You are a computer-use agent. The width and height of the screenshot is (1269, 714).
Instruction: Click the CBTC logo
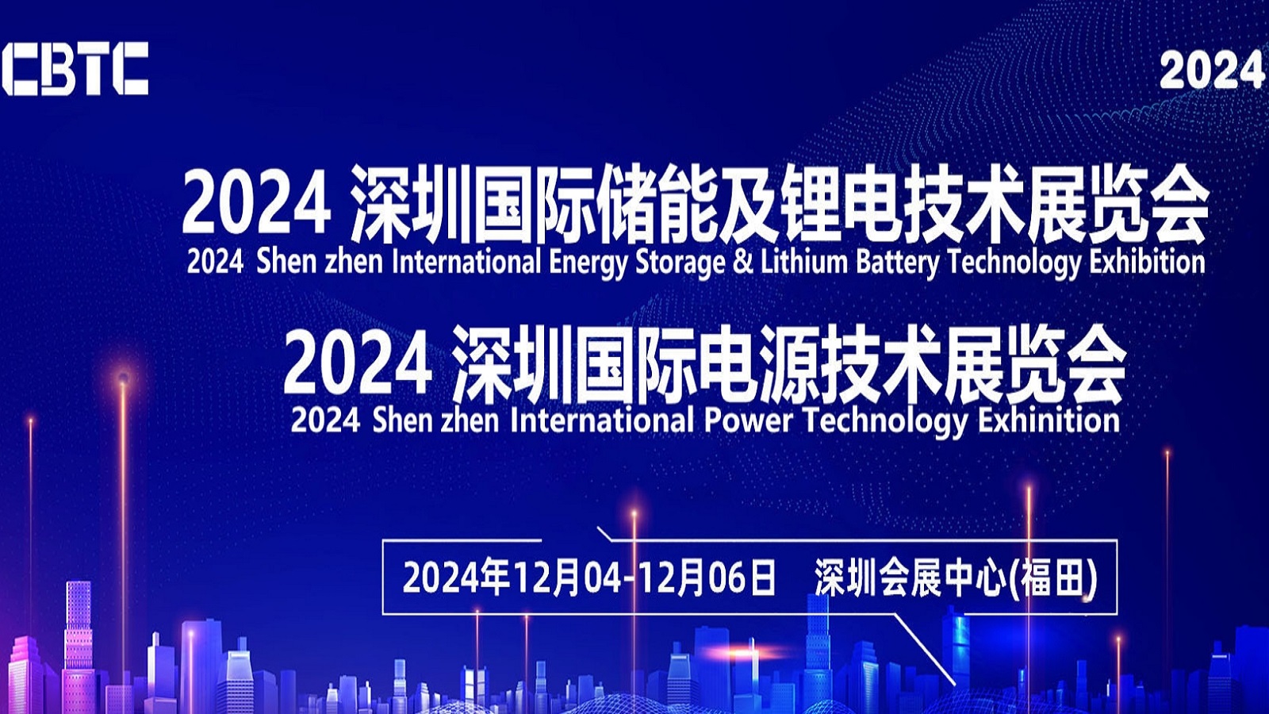coord(75,68)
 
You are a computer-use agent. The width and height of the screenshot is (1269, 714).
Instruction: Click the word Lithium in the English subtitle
coord(804,262)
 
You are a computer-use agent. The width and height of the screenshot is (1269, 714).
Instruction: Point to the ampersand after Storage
coord(742,263)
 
